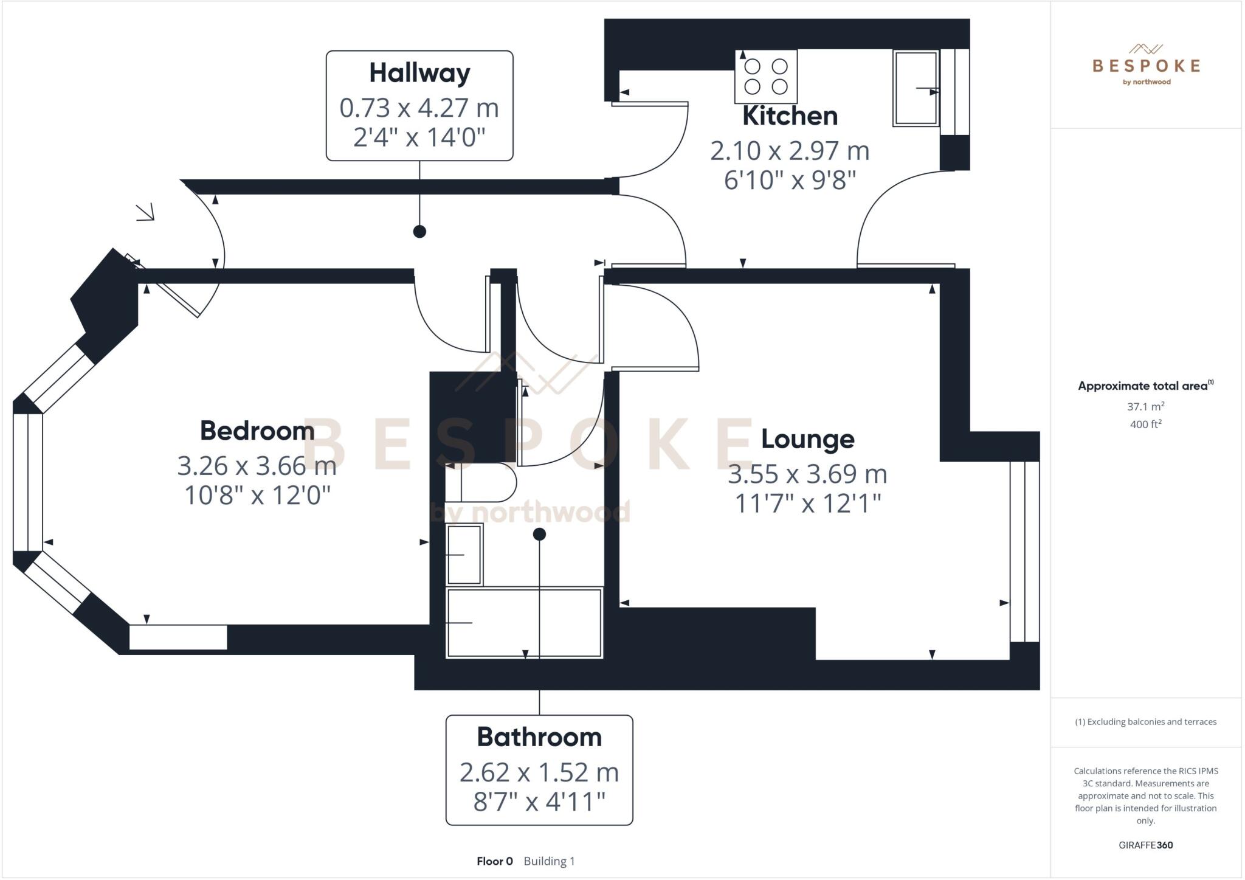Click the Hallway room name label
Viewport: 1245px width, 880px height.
tap(419, 73)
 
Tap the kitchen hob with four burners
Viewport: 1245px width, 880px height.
tap(765, 77)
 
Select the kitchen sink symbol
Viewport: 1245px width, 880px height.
tap(916, 89)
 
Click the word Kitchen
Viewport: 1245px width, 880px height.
tap(790, 116)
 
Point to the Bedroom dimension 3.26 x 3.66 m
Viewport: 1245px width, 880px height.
tap(257, 466)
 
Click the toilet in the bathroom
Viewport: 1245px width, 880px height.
tap(480, 483)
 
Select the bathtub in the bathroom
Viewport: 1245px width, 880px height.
tap(524, 623)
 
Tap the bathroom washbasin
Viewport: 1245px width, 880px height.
tap(464, 555)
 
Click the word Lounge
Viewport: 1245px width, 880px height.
tap(807, 439)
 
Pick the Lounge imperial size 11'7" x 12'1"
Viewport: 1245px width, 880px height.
tap(807, 504)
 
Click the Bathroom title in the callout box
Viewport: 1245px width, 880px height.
tap(539, 737)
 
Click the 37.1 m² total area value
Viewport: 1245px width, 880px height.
tap(1145, 406)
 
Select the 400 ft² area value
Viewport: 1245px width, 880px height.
tap(1145, 424)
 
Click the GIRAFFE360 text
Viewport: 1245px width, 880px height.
tap(1145, 845)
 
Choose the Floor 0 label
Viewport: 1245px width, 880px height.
tap(494, 861)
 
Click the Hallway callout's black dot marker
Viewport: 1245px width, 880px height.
tap(419, 231)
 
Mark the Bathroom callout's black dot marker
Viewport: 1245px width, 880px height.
tap(539, 535)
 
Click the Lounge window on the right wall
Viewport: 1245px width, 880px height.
tap(1024, 552)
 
